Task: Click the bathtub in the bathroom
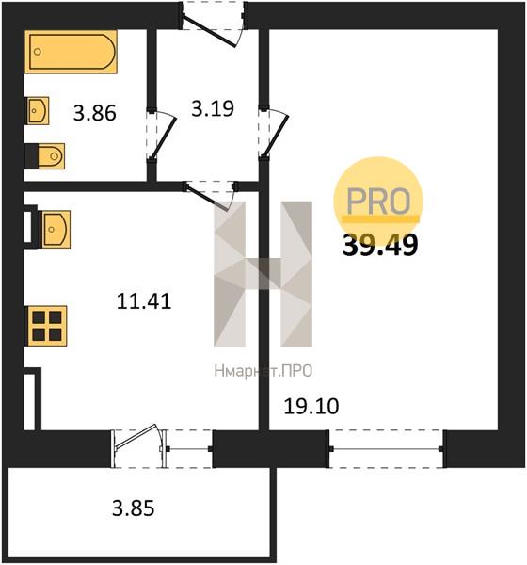[71, 52]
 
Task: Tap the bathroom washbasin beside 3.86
[38, 110]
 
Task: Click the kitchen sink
[56, 230]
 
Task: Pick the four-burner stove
[46, 326]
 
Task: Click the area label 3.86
[95, 112]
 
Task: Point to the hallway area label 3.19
[213, 108]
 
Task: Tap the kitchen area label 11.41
[144, 301]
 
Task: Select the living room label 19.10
[311, 407]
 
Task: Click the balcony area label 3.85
[134, 508]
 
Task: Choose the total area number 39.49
[380, 246]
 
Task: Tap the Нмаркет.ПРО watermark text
[263, 371]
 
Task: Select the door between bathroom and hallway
[161, 134]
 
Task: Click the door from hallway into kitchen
[211, 196]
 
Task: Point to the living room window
[386, 449]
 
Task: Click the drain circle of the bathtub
[38, 52]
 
